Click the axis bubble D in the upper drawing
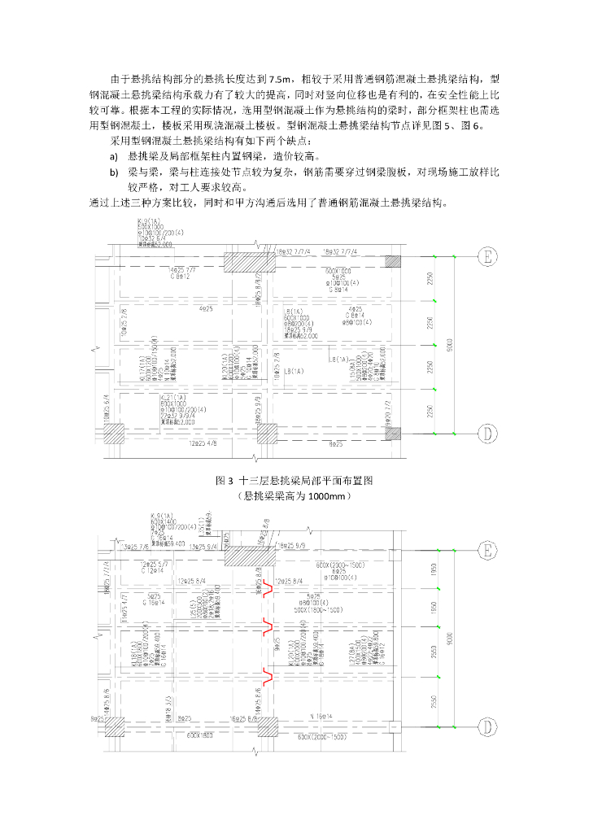(486, 434)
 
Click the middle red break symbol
(266, 626)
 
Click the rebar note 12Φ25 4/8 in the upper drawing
(203, 444)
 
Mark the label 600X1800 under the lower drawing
(199, 736)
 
